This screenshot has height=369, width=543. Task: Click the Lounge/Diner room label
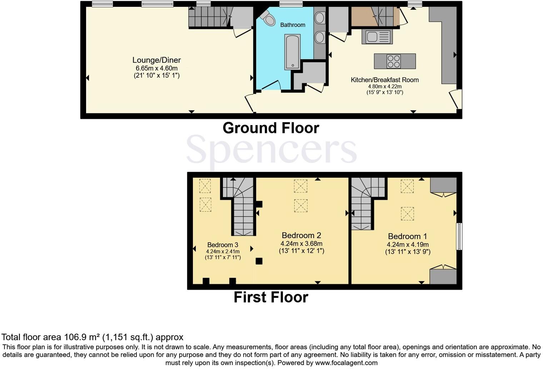pos(156,60)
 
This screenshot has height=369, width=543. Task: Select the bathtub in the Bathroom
pos(292,52)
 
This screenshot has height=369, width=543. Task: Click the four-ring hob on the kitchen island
pos(394,61)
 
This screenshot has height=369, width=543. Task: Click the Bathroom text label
pos(293,25)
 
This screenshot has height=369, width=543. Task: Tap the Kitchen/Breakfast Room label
pos(384,80)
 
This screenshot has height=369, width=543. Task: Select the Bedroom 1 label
pos(407,236)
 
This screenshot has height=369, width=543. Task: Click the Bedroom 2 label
pos(301,235)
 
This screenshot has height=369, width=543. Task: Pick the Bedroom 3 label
pos(223,245)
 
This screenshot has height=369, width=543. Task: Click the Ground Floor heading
pos(271,128)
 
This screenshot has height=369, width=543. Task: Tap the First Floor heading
pos(271,297)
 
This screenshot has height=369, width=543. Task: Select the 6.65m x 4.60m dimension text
pos(156,68)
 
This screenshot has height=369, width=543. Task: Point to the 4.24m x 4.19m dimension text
pos(407,245)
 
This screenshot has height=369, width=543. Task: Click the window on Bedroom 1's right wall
pos(459,236)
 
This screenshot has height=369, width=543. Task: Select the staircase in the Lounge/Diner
pos(207,17)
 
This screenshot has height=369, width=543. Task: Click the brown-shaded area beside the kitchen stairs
pos(363,16)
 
